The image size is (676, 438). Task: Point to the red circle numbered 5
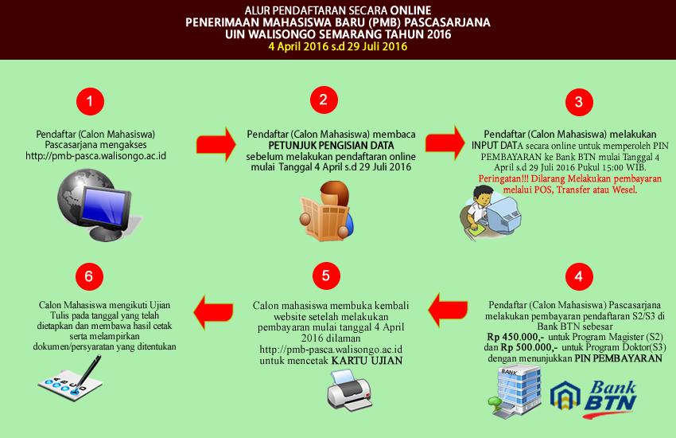(x=322, y=276)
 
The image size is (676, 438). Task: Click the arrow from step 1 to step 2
(x=214, y=143)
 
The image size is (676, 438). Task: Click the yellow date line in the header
(x=337, y=47)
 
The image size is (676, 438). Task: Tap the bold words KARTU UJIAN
(x=367, y=361)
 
